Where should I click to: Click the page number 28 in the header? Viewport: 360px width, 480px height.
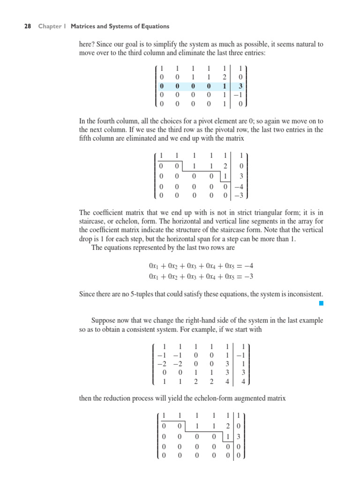pyautogui.click(x=27, y=27)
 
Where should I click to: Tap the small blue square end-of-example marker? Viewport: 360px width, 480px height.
pyautogui.click(x=321, y=304)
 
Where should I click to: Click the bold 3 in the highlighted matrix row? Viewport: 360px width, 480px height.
pyautogui.click(x=240, y=86)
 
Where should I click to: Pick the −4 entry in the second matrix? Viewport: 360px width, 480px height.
pyautogui.click(x=240, y=187)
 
